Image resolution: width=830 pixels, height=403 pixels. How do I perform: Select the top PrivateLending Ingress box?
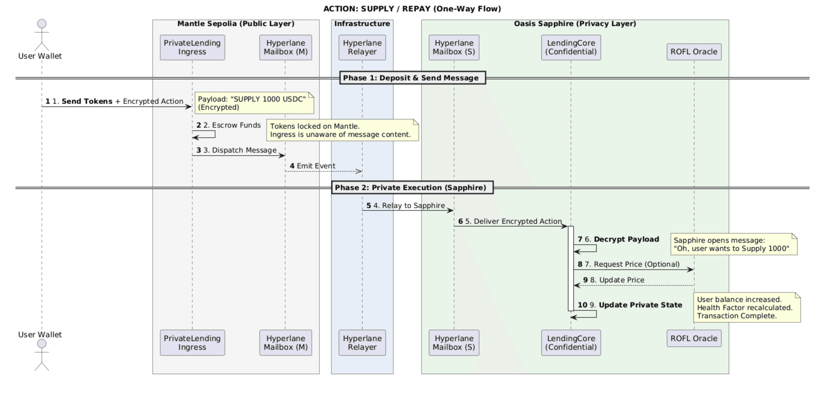click(x=192, y=47)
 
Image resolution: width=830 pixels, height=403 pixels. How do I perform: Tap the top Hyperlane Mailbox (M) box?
click(x=285, y=47)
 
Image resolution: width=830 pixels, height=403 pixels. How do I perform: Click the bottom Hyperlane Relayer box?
click(x=362, y=342)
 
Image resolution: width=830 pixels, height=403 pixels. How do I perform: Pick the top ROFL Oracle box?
click(x=694, y=52)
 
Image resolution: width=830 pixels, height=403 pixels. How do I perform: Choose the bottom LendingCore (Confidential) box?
click(x=571, y=342)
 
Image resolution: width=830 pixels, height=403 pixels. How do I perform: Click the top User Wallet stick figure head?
click(x=42, y=24)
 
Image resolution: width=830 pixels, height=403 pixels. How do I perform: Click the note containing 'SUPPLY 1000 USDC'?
click(x=254, y=103)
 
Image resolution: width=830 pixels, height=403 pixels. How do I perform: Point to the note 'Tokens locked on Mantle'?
click(x=342, y=130)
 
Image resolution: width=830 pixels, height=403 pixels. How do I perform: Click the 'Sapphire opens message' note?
click(x=733, y=244)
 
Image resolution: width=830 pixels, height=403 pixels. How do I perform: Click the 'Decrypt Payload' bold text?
click(x=626, y=239)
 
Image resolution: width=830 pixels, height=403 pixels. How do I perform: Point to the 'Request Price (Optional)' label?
click(x=636, y=264)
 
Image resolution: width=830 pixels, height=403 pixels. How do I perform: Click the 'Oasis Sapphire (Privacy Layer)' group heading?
click(x=574, y=24)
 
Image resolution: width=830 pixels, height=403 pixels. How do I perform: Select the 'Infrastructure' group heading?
click(x=362, y=24)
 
